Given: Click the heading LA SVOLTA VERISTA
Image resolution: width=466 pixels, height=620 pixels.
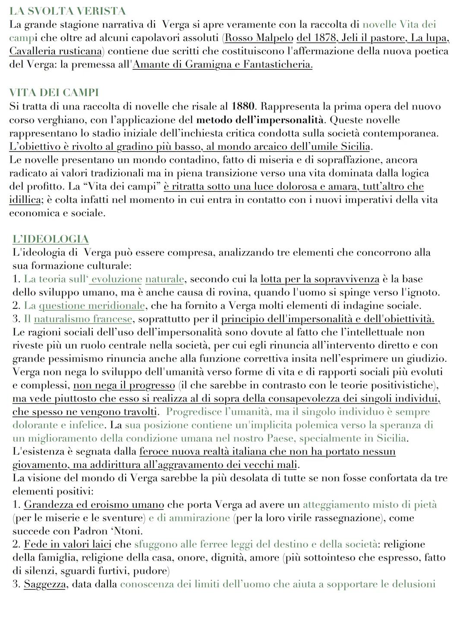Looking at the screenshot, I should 67,11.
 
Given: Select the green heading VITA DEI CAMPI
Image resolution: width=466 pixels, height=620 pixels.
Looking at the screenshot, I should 54,93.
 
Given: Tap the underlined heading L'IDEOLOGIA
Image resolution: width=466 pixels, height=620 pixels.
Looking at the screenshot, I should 50,239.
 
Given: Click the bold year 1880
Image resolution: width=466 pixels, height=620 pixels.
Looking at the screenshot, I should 243,106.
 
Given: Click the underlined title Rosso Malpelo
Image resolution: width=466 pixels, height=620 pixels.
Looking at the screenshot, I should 259,37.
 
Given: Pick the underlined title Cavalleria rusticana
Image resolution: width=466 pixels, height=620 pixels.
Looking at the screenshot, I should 56,51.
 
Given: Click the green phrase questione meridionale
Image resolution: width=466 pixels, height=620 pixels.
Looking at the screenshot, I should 91,305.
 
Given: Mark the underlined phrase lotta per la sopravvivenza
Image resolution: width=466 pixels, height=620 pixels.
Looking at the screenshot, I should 320,279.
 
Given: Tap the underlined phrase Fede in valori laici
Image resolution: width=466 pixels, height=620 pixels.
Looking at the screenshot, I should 68,544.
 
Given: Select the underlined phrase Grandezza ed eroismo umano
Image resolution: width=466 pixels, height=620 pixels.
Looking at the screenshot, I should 94,505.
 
